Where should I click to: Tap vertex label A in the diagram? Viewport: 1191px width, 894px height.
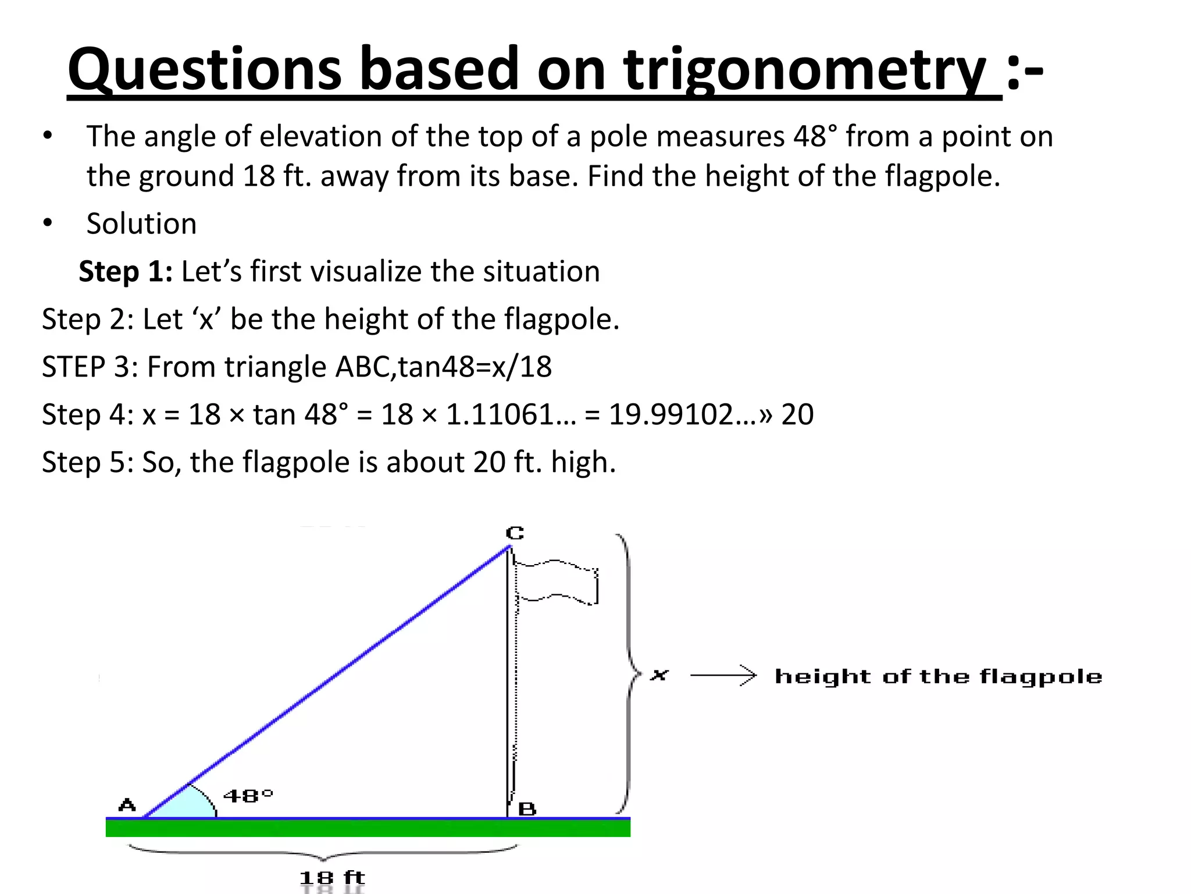click(127, 805)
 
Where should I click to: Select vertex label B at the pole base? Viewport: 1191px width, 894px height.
click(527, 808)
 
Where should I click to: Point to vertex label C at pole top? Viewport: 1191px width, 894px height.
click(515, 533)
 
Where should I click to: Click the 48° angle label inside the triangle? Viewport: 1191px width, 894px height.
click(248, 795)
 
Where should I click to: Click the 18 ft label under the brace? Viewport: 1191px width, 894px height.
click(332, 878)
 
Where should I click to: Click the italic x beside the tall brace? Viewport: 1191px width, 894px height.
click(659, 675)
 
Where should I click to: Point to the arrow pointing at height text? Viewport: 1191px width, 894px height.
click(723, 675)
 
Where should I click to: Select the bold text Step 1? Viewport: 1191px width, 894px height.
click(126, 272)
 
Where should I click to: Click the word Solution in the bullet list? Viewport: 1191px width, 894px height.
click(141, 224)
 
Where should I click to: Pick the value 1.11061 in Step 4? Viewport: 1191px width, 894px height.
click(500, 415)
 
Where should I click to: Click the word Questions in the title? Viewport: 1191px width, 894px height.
click(205, 70)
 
